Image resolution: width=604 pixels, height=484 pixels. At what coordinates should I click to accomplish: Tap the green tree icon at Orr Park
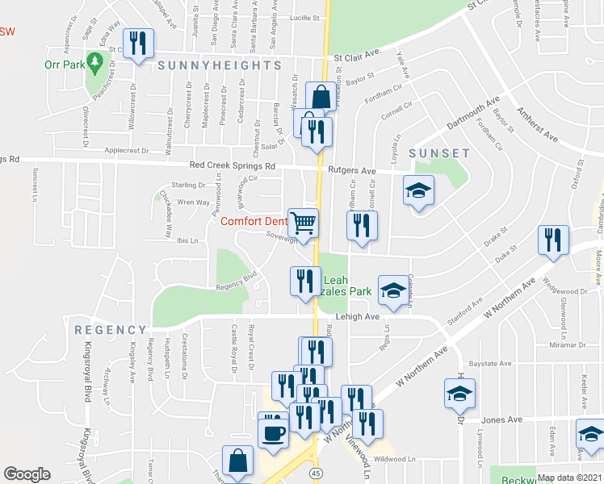pos(94,61)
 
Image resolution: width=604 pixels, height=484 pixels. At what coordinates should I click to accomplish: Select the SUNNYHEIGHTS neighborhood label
pos(219,65)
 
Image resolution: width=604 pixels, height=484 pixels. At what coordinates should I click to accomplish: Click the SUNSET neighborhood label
pos(439,153)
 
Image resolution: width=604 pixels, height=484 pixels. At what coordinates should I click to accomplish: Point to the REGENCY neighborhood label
pos(111,330)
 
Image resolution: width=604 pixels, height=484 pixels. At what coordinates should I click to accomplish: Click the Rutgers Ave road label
pos(352,171)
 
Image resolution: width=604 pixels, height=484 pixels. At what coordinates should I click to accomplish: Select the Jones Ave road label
pos(503,419)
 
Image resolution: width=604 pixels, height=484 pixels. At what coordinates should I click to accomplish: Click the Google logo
pos(27,474)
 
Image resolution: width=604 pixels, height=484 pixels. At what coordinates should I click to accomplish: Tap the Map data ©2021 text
pos(570,478)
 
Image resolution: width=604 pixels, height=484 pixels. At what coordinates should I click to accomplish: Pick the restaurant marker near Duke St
pos(553,240)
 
